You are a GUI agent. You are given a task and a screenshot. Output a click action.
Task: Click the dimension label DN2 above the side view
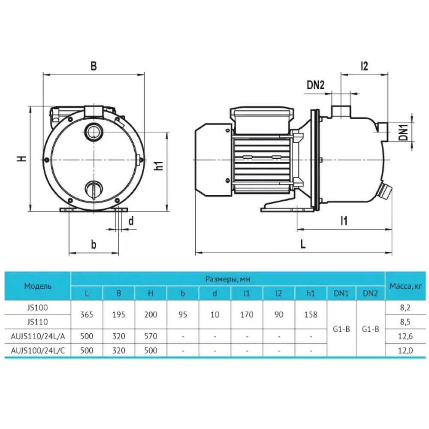[x=315, y=85]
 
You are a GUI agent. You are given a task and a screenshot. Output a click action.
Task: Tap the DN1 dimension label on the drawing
[x=403, y=132]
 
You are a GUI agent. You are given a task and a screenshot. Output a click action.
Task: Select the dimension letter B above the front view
[x=94, y=66]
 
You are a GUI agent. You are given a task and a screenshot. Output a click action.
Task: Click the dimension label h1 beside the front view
[x=158, y=165]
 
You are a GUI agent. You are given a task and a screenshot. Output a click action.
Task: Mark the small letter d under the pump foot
[x=131, y=221]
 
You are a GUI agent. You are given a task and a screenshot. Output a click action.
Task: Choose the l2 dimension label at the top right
[x=364, y=66]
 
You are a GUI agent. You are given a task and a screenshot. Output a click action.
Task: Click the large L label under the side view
[x=303, y=244]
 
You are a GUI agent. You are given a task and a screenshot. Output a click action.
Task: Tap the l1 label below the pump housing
[x=344, y=221]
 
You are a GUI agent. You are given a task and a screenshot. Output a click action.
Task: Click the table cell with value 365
[x=87, y=314]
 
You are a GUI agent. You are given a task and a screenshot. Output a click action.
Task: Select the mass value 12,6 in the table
[x=405, y=336]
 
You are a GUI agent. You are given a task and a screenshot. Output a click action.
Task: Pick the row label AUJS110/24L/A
[x=38, y=336]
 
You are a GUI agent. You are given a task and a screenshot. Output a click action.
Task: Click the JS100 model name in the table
[x=38, y=308]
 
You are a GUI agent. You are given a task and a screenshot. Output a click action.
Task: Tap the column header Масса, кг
[x=405, y=286]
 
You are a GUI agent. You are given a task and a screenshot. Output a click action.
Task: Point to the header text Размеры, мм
[x=228, y=279]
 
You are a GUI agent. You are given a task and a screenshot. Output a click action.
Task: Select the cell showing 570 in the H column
[x=151, y=336]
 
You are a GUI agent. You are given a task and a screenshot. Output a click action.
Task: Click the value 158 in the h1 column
[x=311, y=314]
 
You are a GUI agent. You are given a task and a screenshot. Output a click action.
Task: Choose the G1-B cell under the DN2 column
[x=371, y=329]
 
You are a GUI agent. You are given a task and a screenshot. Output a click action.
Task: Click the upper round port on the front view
[x=94, y=130]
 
